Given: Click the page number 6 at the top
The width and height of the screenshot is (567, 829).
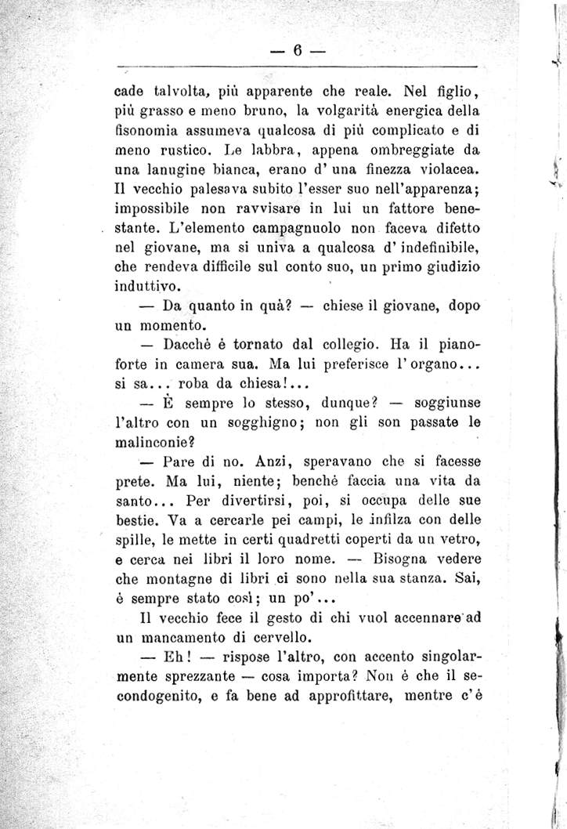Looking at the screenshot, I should [298, 48].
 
